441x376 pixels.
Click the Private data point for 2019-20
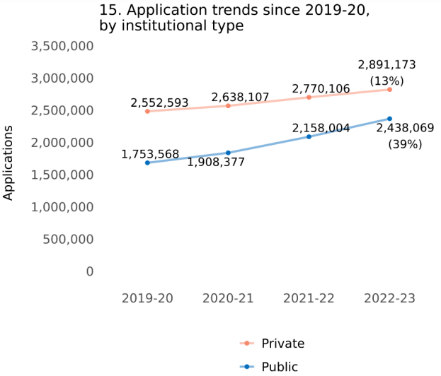pos(147,111)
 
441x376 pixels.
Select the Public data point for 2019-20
pos(147,163)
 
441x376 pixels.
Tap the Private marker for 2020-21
pos(228,105)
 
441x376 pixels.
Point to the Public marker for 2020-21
pos(228,153)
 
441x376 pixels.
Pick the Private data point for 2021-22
pos(309,97)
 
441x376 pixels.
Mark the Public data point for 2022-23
pos(389,119)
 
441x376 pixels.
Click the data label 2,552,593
pos(160,103)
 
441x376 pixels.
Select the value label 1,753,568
pos(150,154)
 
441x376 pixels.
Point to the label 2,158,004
pos(321,129)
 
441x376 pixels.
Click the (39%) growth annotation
pos(406,143)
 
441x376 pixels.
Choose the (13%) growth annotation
pos(386,80)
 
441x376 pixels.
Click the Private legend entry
pos(282,343)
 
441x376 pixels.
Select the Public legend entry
pos(280,366)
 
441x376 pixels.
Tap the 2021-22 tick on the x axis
pos(309,298)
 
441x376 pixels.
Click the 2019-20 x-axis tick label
pos(147,298)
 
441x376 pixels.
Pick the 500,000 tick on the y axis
pos(70,240)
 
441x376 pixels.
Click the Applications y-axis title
pos(8,163)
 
